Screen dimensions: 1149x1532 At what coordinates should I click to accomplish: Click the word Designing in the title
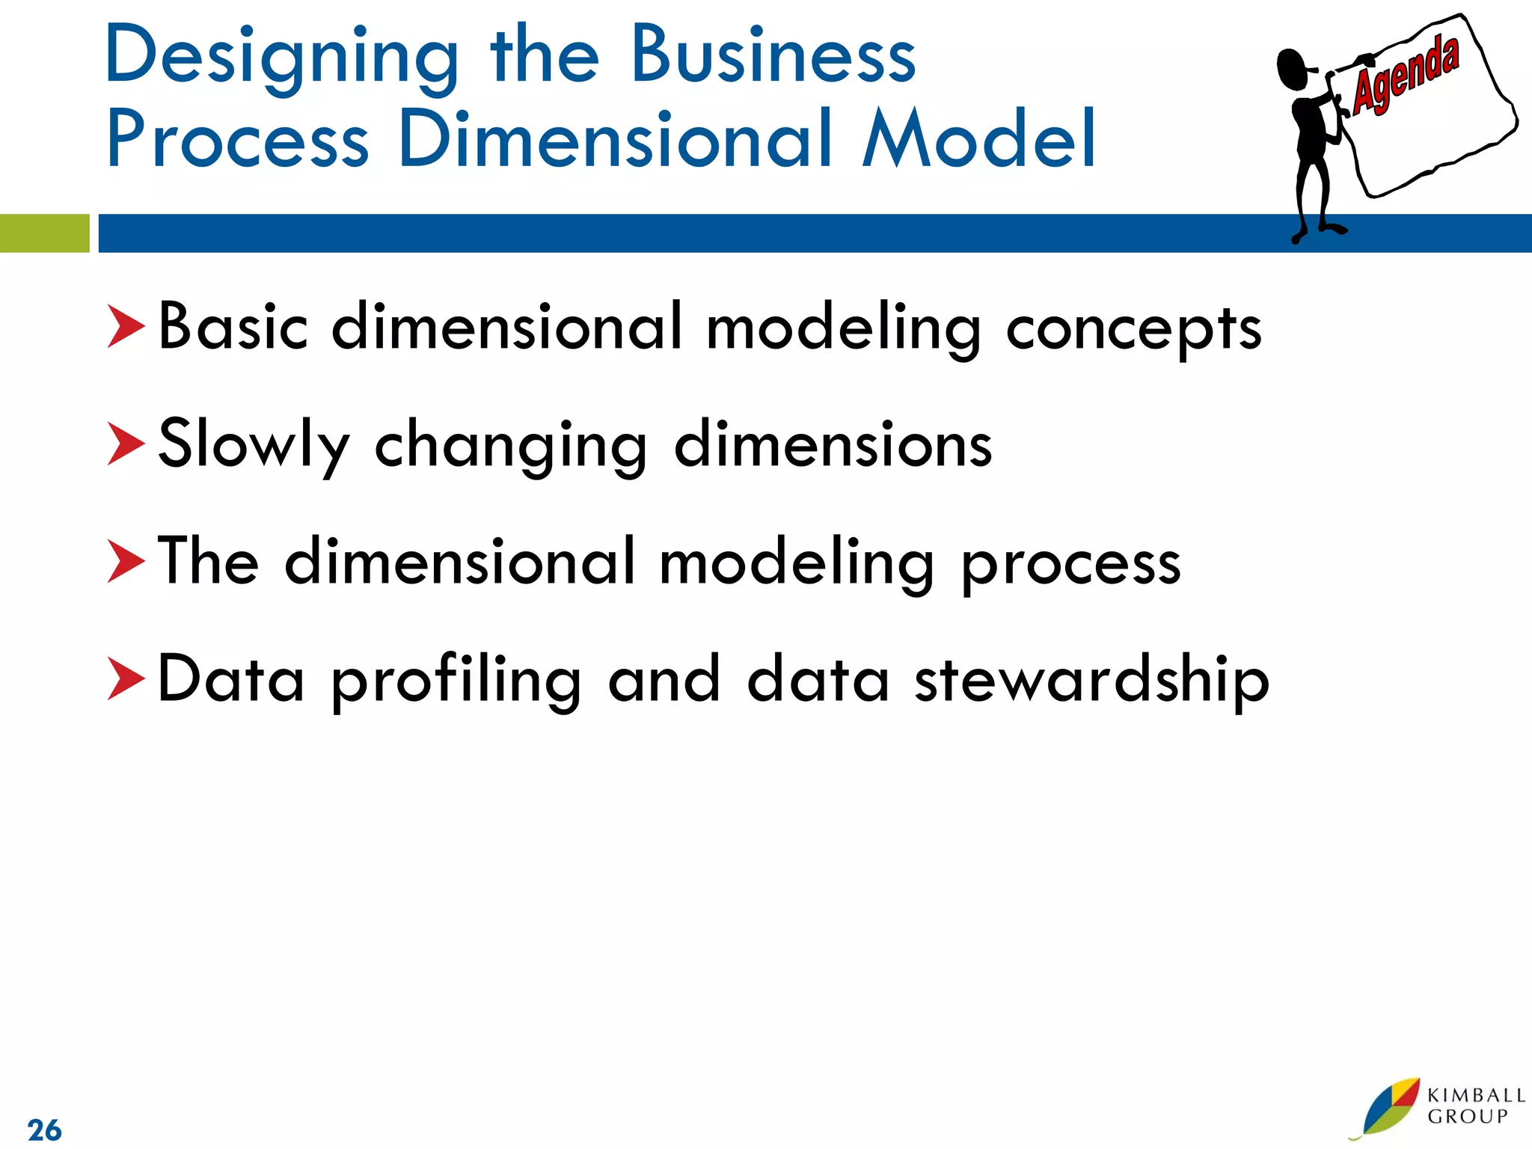[x=281, y=56]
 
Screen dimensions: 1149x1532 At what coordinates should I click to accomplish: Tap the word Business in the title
[x=773, y=56]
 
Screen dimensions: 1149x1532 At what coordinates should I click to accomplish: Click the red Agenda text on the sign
[x=1406, y=76]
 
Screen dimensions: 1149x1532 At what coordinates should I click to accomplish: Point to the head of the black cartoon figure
[x=1293, y=70]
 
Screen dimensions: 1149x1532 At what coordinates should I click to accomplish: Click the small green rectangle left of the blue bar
[x=44, y=233]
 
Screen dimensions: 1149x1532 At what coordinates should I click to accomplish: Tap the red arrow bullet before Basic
[x=125, y=326]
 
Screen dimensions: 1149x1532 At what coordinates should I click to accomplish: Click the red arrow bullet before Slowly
[x=125, y=444]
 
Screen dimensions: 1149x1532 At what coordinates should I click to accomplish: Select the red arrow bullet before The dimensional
[x=125, y=561]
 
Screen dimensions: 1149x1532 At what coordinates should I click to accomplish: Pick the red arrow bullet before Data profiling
[x=125, y=678]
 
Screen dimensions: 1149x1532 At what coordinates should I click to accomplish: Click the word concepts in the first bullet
[x=1133, y=329]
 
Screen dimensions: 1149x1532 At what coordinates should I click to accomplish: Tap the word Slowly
[x=254, y=445]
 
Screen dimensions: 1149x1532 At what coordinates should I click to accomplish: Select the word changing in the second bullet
[x=510, y=447]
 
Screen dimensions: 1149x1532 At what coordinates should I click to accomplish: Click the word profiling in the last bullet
[x=456, y=681]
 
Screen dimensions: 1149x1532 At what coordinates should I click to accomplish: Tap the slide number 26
[x=44, y=1130]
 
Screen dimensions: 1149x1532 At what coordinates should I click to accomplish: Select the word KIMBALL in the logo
[x=1476, y=1095]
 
